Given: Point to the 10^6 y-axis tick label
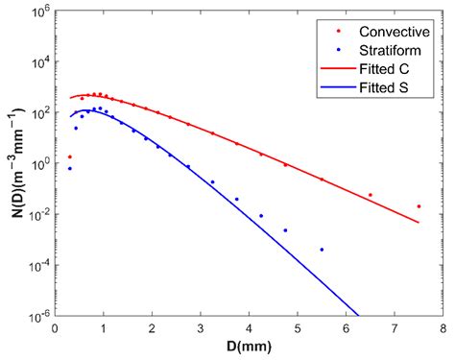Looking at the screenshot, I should (x=39, y=12).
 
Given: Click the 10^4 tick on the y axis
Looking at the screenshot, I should (x=39, y=63).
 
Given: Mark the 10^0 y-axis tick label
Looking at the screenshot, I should (x=39, y=164).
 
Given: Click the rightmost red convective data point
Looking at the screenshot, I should (x=419, y=206).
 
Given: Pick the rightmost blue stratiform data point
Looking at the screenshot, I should (x=322, y=250).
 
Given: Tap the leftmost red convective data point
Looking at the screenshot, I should (x=69, y=156).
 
